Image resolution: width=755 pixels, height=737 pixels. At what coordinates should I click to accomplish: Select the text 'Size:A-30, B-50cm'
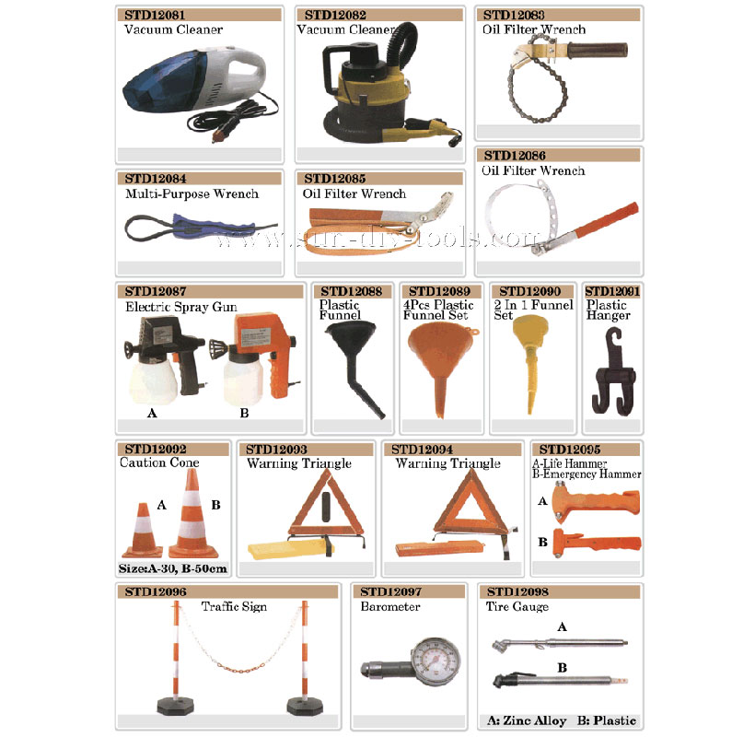click(173, 569)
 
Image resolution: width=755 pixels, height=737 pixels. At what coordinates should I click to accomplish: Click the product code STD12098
click(517, 591)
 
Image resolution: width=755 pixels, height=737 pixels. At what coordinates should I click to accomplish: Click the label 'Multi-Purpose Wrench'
click(192, 194)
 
